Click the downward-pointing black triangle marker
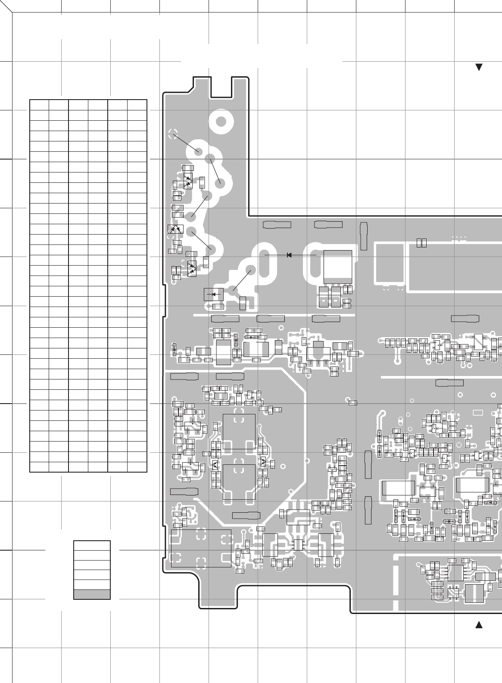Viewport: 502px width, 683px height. coord(478,67)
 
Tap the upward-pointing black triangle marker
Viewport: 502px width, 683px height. coord(478,625)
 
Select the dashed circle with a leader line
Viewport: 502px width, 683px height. coord(173,134)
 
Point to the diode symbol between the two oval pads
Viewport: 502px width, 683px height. coord(289,255)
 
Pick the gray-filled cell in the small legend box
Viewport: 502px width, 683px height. coord(92,594)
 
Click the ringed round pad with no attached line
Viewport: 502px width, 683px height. coord(221,122)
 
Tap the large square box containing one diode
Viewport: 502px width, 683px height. coord(214,294)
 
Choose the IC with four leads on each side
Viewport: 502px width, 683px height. coord(455,573)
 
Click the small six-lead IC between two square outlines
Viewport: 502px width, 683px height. coord(298,545)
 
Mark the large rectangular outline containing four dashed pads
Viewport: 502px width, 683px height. coord(201,548)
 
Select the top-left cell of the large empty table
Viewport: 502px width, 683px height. coord(39,105)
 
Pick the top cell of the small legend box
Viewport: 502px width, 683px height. coord(92,545)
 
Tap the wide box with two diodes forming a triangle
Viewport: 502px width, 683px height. coord(175,229)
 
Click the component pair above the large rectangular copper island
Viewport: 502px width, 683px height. coord(422,243)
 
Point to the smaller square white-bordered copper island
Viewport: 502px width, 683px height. coord(390,263)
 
